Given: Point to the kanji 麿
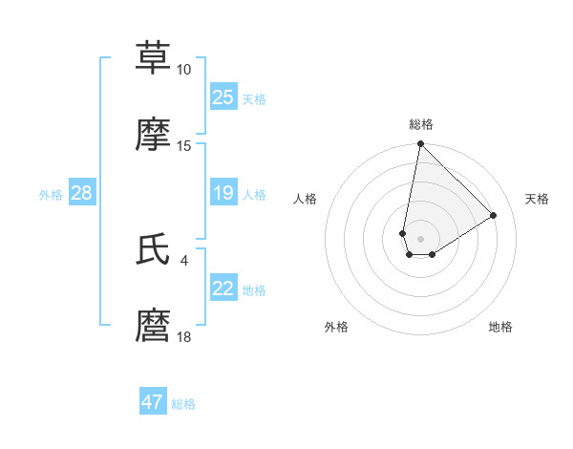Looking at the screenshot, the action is pos(153,326).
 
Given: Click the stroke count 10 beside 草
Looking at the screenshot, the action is pos(183,70).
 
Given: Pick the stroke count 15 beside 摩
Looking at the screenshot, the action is pos(183,146).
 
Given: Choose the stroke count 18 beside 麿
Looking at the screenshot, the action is pos(183,337).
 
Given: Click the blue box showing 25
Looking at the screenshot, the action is pos(223,97).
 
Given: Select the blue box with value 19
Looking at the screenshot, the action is pos(223,194).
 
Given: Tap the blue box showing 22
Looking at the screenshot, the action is pos(223,289).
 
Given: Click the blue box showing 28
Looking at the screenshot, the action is pos(81,194).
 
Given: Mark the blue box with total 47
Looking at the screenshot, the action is pos(153,402).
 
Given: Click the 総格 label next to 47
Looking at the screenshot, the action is pos(183,404).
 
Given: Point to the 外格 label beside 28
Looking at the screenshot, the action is pos(51,195).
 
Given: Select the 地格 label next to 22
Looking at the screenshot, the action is pos(254,290).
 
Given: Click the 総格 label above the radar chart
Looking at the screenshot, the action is pos(420,124).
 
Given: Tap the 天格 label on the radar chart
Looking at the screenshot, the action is pos(537,199).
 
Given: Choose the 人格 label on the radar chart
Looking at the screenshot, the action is pos(306,199).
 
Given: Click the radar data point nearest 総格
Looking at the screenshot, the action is pos(420,144).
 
